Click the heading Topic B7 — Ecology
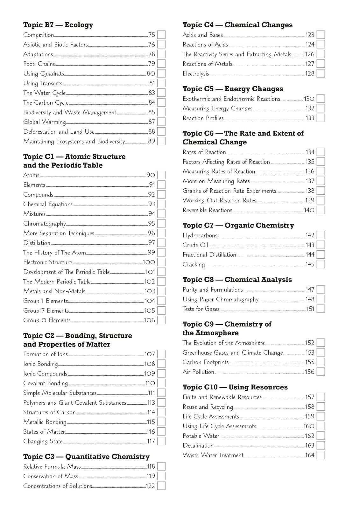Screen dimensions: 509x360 click(58, 25)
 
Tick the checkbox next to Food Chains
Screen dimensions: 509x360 click(161, 64)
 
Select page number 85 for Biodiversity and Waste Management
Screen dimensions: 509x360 click(152, 112)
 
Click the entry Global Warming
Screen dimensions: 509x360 click(45, 122)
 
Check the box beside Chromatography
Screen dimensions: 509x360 click(161, 224)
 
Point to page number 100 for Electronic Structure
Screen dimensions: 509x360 click(149, 262)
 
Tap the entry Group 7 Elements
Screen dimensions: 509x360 click(46, 311)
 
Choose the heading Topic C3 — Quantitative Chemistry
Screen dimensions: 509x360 click(86, 457)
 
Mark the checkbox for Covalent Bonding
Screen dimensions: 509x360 click(161, 383)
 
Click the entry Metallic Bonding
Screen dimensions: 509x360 click(45, 422)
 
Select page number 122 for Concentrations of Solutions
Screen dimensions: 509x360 click(150, 486)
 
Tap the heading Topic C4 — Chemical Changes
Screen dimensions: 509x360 click(237, 25)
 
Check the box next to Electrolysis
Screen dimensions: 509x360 click(321, 73)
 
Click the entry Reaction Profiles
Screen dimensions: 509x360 click(203, 118)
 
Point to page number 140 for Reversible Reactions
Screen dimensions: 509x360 click(309, 210)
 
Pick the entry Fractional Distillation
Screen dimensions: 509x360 click(209, 255)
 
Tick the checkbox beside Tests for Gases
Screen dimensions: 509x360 click(321, 309)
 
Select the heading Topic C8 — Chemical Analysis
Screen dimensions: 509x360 click(237, 280)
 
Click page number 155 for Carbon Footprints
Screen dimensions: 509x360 click(310, 362)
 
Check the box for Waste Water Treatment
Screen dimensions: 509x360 click(321, 455)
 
